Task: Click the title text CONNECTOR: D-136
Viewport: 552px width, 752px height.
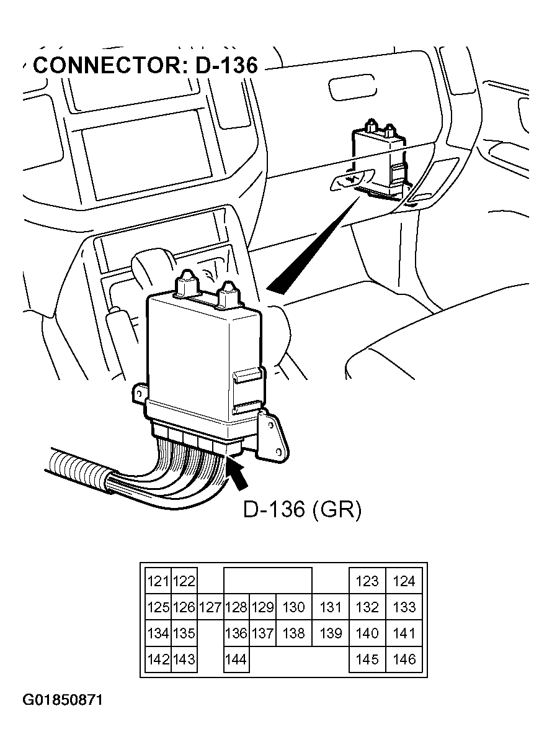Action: coord(145,65)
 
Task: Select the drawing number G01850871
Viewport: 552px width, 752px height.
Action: coord(63,700)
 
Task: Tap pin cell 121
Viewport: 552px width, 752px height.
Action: coord(158,581)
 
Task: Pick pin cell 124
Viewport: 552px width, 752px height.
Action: coord(404,581)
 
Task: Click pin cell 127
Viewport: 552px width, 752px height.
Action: coord(210,607)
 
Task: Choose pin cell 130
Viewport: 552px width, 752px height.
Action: coord(293,607)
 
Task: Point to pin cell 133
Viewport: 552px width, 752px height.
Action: coord(404,607)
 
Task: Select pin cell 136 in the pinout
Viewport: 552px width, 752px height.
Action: coord(236,633)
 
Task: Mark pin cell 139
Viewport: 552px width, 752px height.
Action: coord(330,633)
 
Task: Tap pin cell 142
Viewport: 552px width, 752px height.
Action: coord(158,659)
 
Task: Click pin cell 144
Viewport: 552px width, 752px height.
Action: coord(236,659)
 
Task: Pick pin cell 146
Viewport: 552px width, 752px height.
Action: coord(404,659)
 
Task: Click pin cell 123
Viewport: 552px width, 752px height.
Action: coord(367,581)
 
